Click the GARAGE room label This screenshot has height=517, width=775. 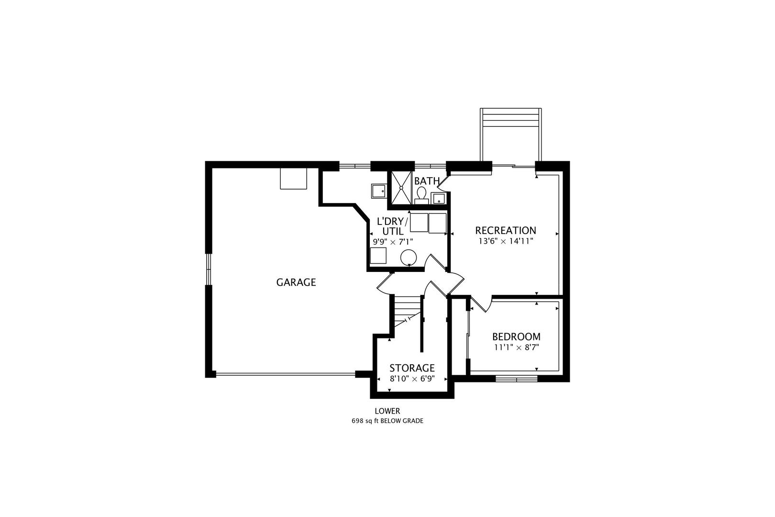coord(296,282)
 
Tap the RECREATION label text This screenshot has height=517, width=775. coord(506,231)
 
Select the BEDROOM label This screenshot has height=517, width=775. coord(516,337)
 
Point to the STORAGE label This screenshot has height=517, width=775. coord(412,368)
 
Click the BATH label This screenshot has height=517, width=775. coord(427,181)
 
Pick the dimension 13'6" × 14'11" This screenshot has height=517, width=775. coord(506,241)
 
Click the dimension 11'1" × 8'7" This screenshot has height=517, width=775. coord(517,348)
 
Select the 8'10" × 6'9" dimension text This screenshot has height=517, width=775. coord(412,379)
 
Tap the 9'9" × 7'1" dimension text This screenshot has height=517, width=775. coord(393,242)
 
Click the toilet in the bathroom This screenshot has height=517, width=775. coord(421,195)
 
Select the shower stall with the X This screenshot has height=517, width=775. coord(401,188)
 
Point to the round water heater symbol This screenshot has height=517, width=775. coord(408,257)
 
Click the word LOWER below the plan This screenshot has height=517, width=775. coord(387,411)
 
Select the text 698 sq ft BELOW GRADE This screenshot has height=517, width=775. coord(387,421)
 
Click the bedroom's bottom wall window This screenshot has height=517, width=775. coord(516,379)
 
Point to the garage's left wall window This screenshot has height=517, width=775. coord(209,269)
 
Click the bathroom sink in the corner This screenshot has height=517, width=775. coord(438,199)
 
